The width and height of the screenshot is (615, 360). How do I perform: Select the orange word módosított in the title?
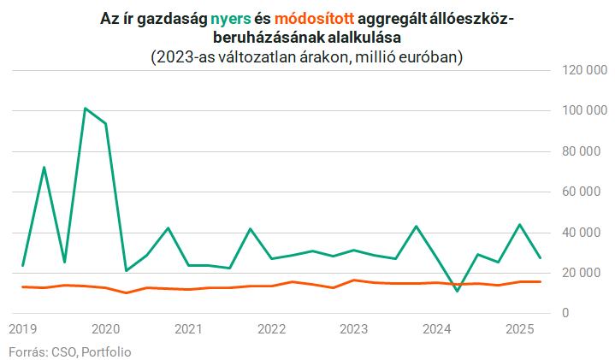tap(307, 20)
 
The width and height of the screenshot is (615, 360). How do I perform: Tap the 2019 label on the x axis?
tap(23, 329)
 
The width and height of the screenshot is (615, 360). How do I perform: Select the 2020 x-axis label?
tap(105, 329)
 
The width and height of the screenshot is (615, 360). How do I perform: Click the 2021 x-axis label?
tap(188, 329)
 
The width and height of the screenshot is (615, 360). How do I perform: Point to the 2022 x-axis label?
tap(271, 329)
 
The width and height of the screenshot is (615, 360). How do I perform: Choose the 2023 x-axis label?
tap(353, 329)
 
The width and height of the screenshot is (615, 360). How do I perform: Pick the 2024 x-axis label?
tap(436, 329)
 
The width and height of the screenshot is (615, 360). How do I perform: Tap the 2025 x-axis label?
tap(519, 329)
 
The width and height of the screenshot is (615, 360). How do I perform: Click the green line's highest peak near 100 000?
tap(85, 109)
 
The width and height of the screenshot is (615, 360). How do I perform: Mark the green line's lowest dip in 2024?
tap(457, 292)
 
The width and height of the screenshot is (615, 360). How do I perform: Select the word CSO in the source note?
tap(62, 351)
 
